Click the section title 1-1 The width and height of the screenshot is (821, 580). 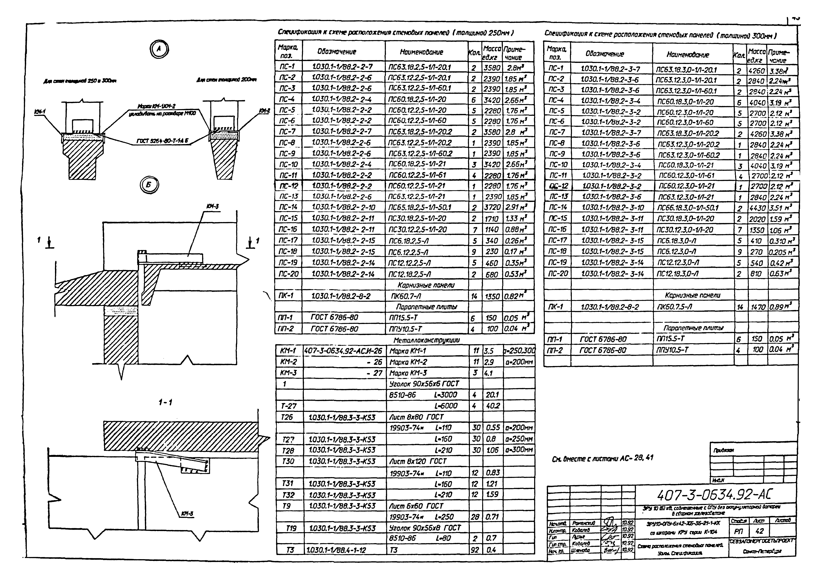point(165,402)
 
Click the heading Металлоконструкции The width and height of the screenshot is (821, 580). point(426,340)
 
